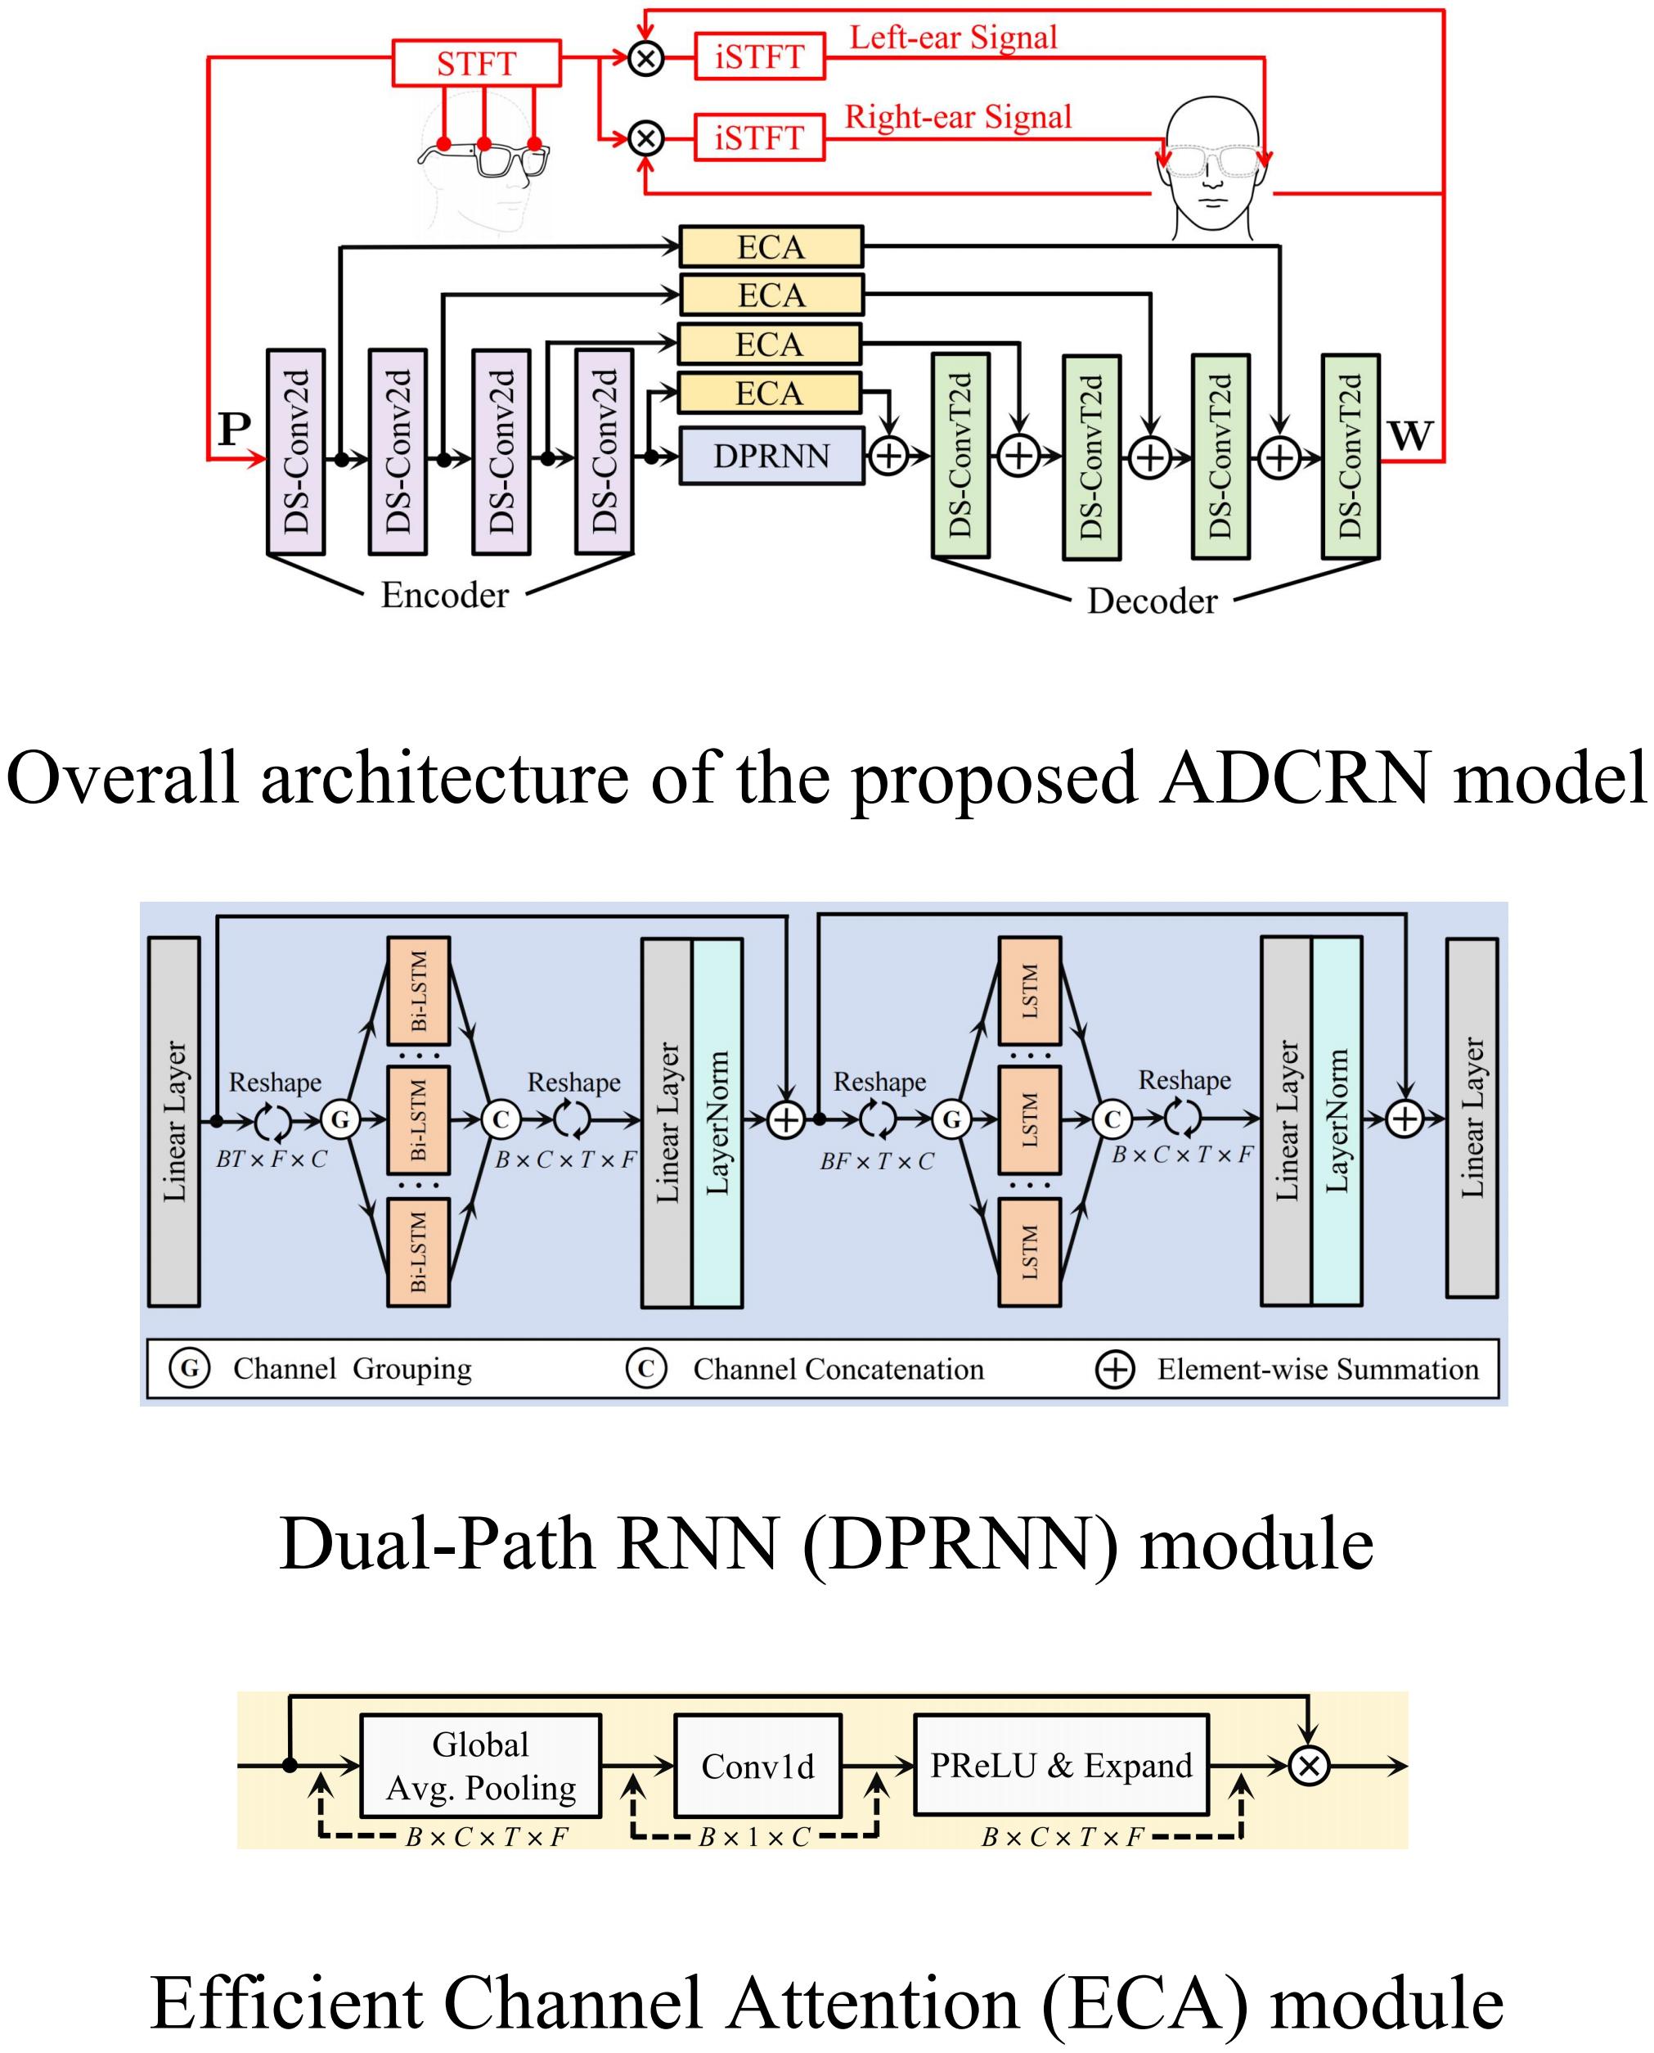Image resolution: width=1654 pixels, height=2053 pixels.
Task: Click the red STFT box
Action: [476, 64]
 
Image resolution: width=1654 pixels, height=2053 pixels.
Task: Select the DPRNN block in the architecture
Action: [771, 456]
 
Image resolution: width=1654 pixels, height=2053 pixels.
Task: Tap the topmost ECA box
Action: [771, 247]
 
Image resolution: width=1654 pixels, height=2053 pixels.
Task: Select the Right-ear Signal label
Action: [958, 117]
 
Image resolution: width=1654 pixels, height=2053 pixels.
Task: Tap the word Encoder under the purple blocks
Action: [444, 595]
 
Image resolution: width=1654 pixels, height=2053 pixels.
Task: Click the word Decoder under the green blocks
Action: [1152, 601]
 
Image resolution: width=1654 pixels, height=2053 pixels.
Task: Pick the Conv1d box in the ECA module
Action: [757, 1766]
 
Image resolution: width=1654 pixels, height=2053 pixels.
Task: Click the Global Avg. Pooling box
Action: [480, 1766]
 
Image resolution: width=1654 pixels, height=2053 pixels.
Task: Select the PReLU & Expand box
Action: [1060, 1765]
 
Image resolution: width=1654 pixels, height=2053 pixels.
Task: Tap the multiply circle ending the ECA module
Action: [1309, 1766]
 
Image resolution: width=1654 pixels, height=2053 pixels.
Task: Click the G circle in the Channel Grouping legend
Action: [190, 1369]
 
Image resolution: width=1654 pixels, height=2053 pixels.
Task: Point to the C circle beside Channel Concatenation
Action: [646, 1369]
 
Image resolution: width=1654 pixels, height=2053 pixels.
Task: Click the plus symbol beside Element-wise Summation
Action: [1115, 1370]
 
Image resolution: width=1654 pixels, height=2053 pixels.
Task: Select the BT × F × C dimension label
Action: [272, 1159]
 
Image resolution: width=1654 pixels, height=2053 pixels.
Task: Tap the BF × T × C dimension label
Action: [877, 1161]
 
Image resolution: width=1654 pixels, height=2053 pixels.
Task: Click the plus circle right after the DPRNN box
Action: [889, 456]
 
